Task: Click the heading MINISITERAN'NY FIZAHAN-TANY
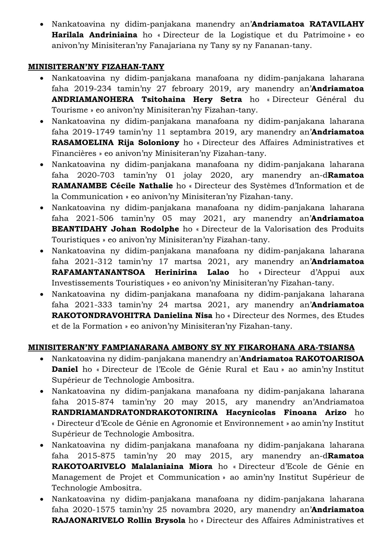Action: (x=96, y=67)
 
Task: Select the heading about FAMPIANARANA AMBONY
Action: (x=191, y=347)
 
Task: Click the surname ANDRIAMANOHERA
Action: (x=93, y=99)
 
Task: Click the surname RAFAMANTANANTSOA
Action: (x=98, y=272)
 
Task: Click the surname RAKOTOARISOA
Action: (x=330, y=359)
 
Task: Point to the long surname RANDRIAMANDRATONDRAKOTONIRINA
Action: (x=135, y=412)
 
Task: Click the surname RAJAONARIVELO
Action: (x=88, y=520)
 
